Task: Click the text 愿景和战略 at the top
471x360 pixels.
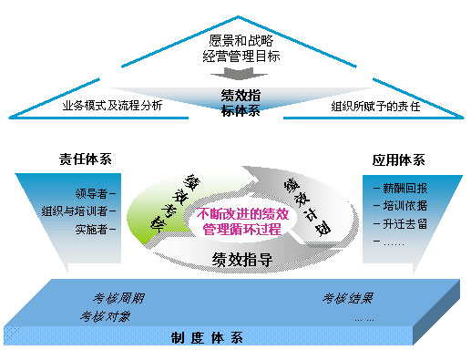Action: [240, 41]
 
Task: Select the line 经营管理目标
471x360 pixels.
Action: [240, 57]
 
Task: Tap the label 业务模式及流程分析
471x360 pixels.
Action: [112, 105]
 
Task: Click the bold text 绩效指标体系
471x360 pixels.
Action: [241, 101]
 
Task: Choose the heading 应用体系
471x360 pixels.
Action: [398, 159]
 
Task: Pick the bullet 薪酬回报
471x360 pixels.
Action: [395, 188]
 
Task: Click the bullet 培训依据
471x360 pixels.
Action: [395, 206]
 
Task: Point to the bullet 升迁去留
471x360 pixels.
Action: [395, 223]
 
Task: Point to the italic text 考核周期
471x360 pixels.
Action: [118, 298]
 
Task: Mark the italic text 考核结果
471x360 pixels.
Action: [347, 298]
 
